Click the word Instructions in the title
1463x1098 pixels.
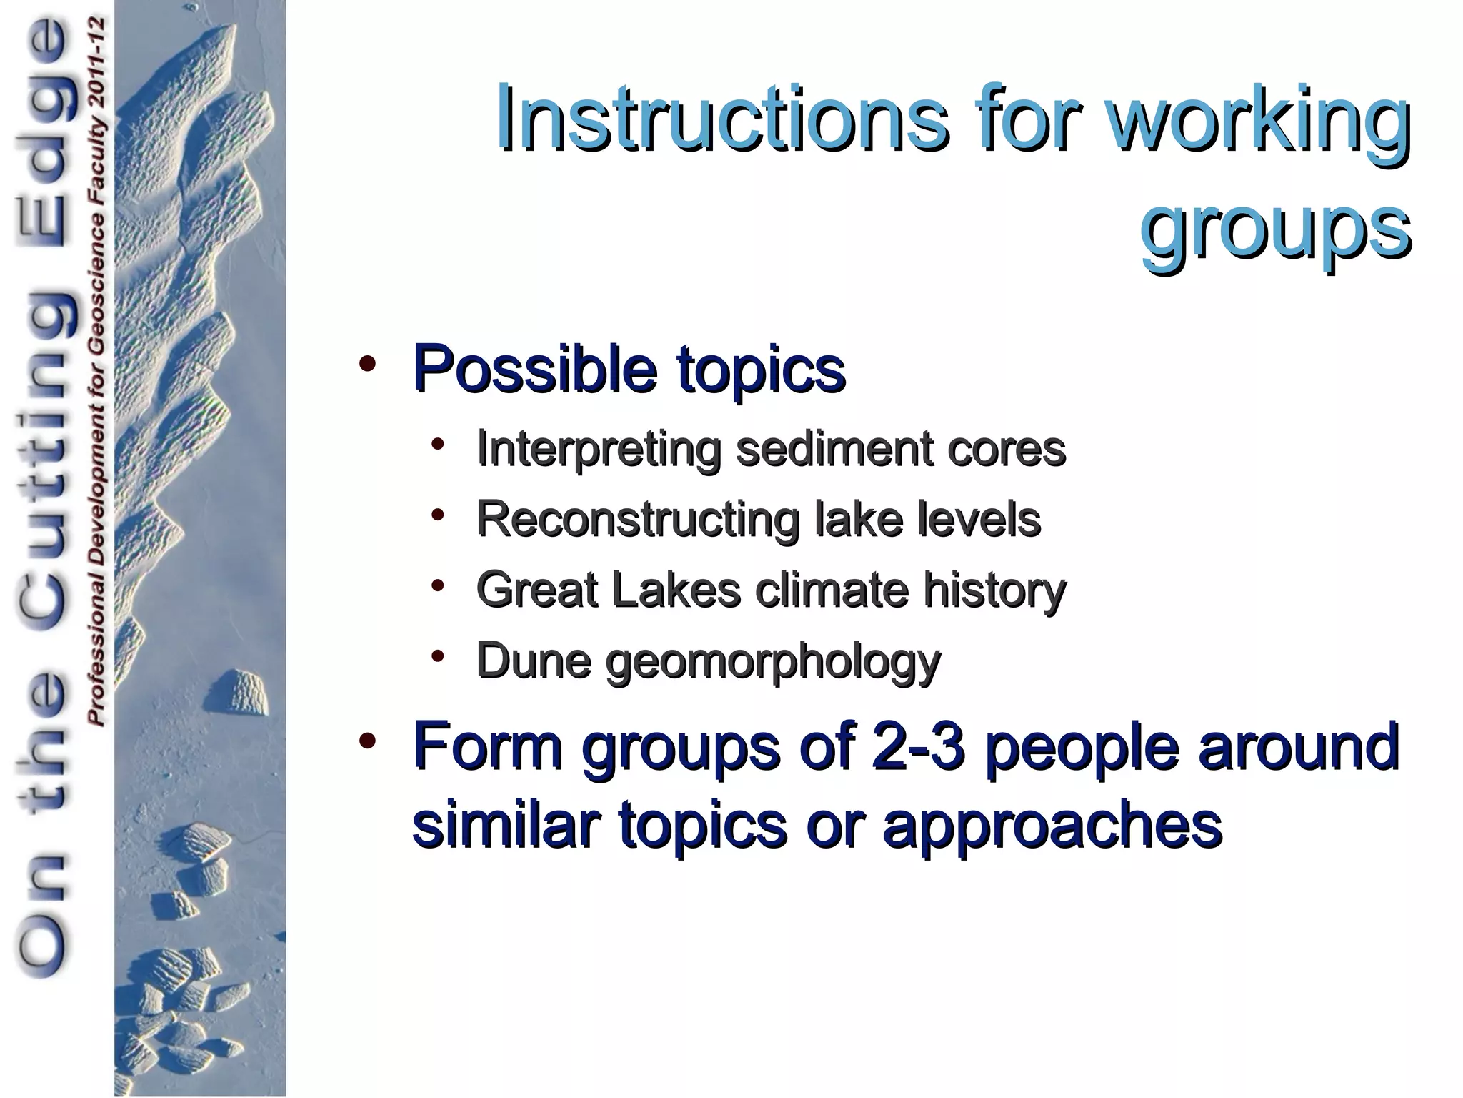(x=722, y=118)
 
